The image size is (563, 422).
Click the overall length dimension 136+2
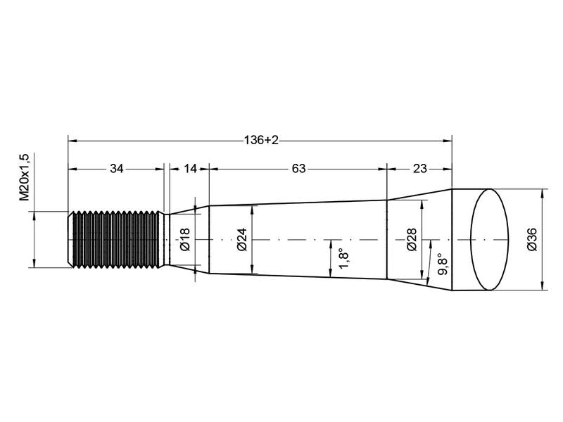tap(261, 141)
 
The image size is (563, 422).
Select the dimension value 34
tap(117, 169)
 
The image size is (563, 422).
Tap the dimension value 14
tap(189, 169)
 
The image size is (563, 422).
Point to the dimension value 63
tap(298, 169)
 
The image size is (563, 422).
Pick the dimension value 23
tap(419, 169)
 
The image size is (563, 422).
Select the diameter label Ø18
tap(184, 239)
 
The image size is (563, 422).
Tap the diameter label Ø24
tap(241, 239)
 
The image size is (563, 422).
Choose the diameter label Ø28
tap(412, 239)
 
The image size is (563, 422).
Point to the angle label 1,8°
tap(343, 258)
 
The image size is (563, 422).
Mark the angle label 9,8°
tap(441, 266)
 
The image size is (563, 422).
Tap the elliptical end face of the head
tap(488, 239)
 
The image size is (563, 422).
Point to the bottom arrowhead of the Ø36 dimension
tap(542, 286)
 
